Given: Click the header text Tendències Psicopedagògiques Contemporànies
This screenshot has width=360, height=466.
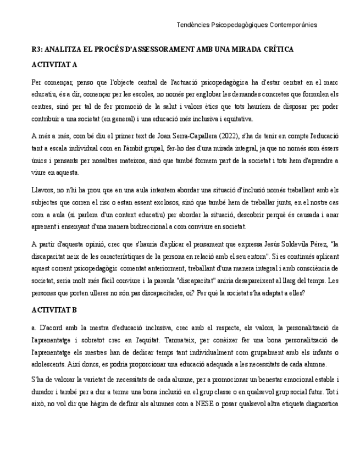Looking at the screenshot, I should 247,25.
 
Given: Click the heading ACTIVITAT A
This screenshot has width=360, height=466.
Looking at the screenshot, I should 54,64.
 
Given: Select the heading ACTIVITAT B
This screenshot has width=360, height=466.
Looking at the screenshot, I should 54,310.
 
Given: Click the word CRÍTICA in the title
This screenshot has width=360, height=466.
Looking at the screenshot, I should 275,49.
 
